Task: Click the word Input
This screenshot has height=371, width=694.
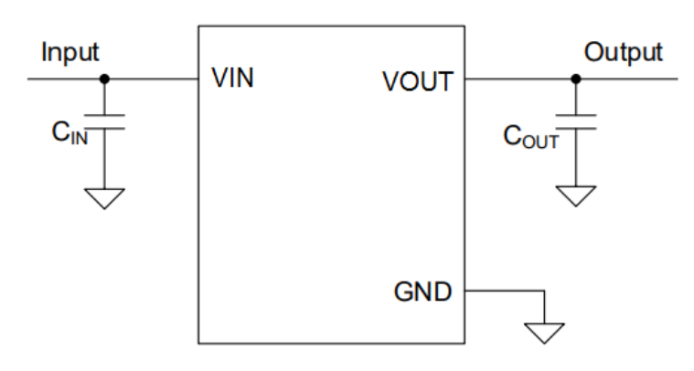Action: tap(69, 52)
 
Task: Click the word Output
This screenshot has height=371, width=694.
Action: tap(624, 52)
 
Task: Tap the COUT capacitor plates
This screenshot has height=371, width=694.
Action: tap(576, 122)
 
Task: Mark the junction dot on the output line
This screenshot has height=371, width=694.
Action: tap(576, 79)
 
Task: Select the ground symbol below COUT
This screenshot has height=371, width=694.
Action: tap(576, 196)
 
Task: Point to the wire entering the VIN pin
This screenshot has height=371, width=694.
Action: tap(155, 79)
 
